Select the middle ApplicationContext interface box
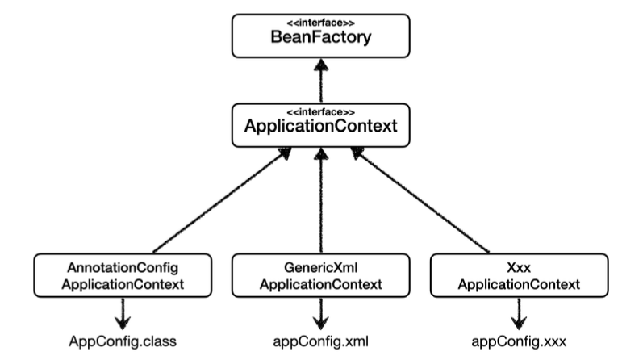point(322,125)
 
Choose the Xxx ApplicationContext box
point(518,275)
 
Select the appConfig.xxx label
point(518,340)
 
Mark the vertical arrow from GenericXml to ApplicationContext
point(322,202)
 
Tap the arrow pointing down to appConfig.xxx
point(518,310)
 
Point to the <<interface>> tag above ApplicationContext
point(322,111)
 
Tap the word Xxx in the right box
point(518,267)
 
